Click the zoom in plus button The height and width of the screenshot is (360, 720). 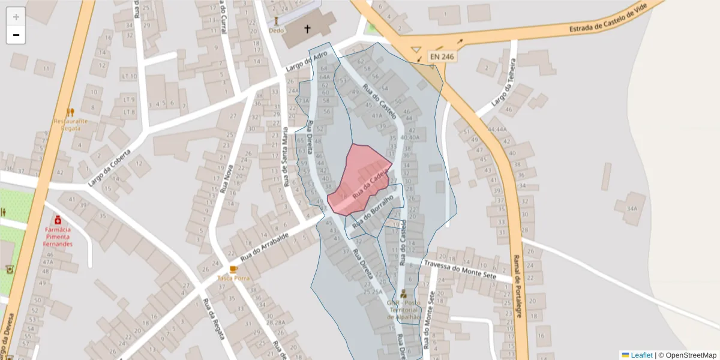[16, 17]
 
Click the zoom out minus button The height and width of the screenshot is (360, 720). [16, 35]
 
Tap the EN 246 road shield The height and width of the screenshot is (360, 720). [442, 56]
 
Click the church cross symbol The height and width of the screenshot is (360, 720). [308, 29]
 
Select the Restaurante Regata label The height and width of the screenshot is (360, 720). [71, 124]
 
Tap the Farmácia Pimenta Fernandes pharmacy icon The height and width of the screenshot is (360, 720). [58, 220]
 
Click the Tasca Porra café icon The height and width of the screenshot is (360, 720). [233, 269]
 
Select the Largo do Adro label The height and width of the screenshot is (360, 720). [307, 62]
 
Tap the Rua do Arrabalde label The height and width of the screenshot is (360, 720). [265, 247]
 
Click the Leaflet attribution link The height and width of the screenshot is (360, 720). [641, 355]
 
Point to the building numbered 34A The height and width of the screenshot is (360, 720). [631, 209]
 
